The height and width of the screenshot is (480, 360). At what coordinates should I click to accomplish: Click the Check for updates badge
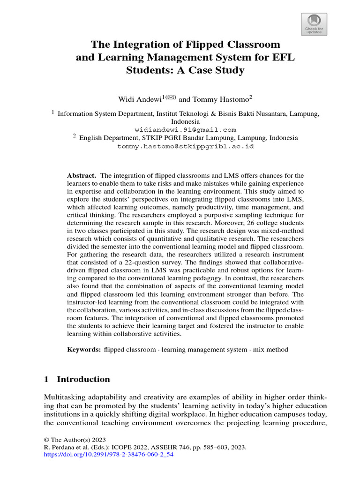click(x=314, y=24)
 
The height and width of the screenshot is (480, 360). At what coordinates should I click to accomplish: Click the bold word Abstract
click(x=82, y=175)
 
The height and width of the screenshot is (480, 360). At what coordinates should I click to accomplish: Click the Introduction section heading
click(x=83, y=379)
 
